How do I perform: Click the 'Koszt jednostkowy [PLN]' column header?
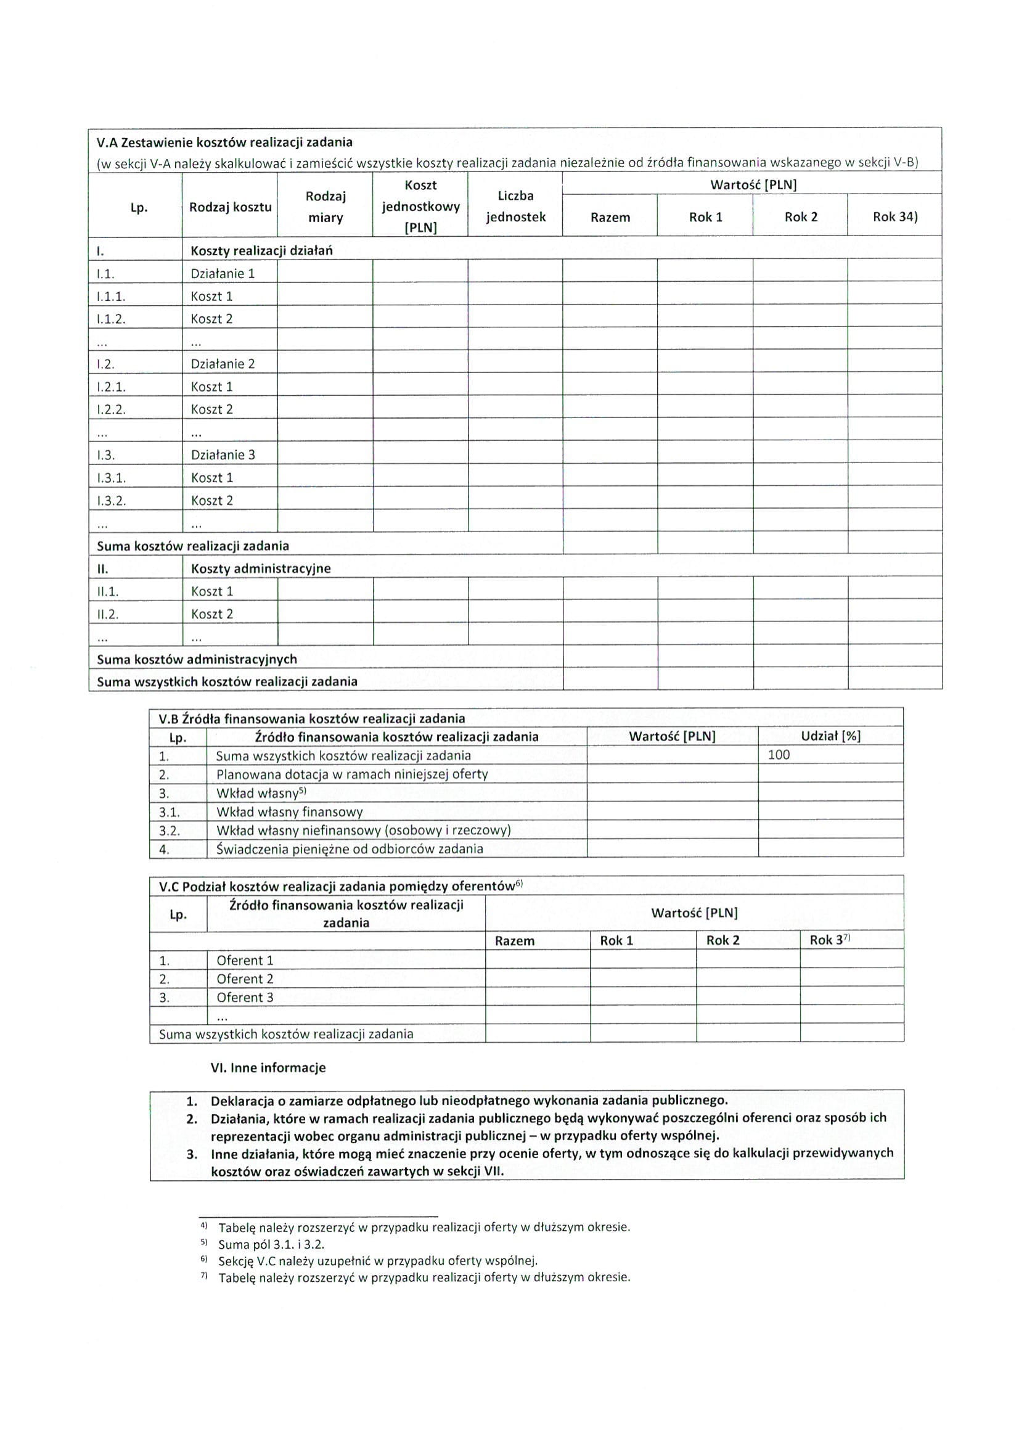420,206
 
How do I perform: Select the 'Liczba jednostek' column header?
515,206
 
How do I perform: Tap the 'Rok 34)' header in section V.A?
894,217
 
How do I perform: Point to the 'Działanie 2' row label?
223,364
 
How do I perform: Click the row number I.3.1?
111,478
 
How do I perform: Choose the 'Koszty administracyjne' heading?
260,569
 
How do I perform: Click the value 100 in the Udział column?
779,755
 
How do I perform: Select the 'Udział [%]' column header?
830,736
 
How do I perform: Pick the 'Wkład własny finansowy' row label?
289,812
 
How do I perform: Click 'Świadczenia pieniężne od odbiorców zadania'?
350,849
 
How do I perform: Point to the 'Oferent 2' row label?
245,979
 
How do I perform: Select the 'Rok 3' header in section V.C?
829,940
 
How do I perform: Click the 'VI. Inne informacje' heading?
268,1067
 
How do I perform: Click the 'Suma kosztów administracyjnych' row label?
197,659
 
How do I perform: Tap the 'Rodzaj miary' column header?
325,207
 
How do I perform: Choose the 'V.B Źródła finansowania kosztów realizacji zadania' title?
312,718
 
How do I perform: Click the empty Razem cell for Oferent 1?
537,960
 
